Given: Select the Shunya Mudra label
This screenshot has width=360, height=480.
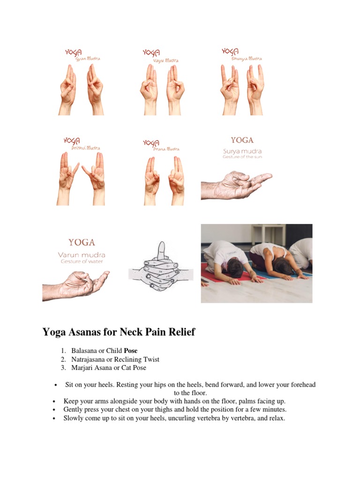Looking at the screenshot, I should (x=247, y=59).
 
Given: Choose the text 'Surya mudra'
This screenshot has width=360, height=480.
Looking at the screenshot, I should (x=242, y=151).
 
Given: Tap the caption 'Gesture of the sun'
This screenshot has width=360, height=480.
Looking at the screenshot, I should (x=242, y=157).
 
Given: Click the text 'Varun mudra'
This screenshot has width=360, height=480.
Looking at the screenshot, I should (x=82, y=255).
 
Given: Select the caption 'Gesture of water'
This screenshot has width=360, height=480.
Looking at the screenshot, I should (x=82, y=262).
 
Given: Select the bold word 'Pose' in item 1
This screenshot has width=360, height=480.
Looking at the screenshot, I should (x=130, y=351).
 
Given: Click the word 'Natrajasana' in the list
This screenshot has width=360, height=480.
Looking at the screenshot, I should (x=88, y=359).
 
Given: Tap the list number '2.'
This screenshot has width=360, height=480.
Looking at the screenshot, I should (x=63, y=359).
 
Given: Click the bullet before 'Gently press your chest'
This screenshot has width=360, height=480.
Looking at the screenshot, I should (x=55, y=410).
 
